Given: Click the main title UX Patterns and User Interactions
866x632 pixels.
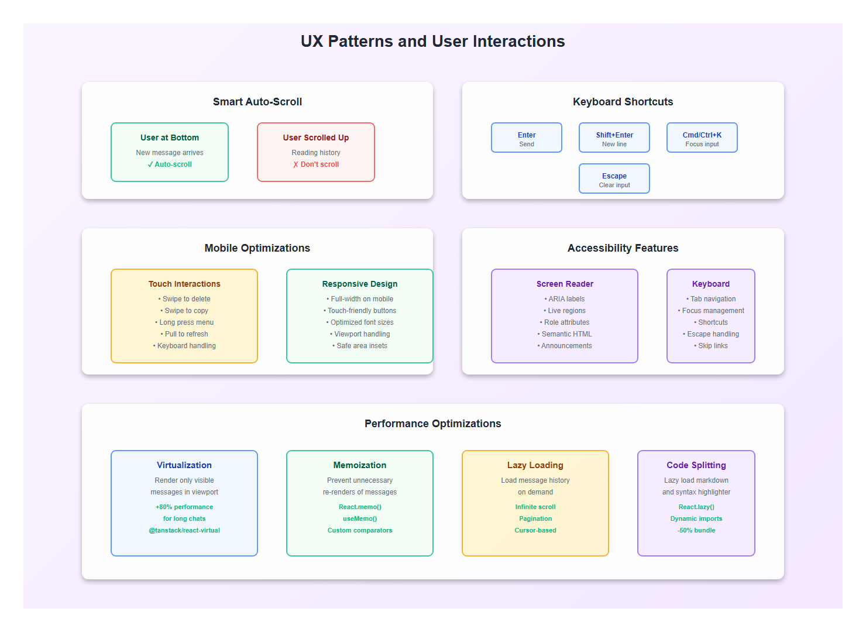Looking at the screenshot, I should (x=432, y=42).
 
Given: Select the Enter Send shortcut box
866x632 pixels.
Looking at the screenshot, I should (x=527, y=138).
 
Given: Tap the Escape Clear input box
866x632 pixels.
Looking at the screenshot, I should (x=614, y=179).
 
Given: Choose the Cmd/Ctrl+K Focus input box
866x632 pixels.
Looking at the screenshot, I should (x=702, y=138).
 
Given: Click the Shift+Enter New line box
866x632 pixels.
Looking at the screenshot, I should (x=614, y=138).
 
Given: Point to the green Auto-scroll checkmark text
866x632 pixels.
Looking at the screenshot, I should (x=170, y=164).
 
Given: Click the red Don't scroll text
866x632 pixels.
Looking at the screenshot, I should (x=316, y=164).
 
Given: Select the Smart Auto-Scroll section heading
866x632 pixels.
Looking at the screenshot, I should (x=257, y=102).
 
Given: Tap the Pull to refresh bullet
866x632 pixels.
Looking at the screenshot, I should (x=184, y=334).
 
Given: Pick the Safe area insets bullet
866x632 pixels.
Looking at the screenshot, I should (x=360, y=346).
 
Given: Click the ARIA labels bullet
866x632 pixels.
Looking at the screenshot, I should (x=565, y=299).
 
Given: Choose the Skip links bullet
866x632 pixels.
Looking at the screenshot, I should (x=711, y=346).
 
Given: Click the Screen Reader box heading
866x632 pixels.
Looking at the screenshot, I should (x=565, y=284).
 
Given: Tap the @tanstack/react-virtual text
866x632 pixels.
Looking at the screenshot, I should (x=184, y=531).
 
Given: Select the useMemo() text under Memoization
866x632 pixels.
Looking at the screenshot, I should (x=360, y=519).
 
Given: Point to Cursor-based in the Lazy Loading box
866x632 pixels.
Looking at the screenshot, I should (x=535, y=531).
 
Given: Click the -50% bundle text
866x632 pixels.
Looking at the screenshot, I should (x=696, y=531).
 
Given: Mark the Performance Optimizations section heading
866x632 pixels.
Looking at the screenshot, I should (x=432, y=424).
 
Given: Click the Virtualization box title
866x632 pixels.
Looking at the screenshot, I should (x=184, y=465).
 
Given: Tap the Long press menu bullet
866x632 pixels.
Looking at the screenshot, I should (x=184, y=322).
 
